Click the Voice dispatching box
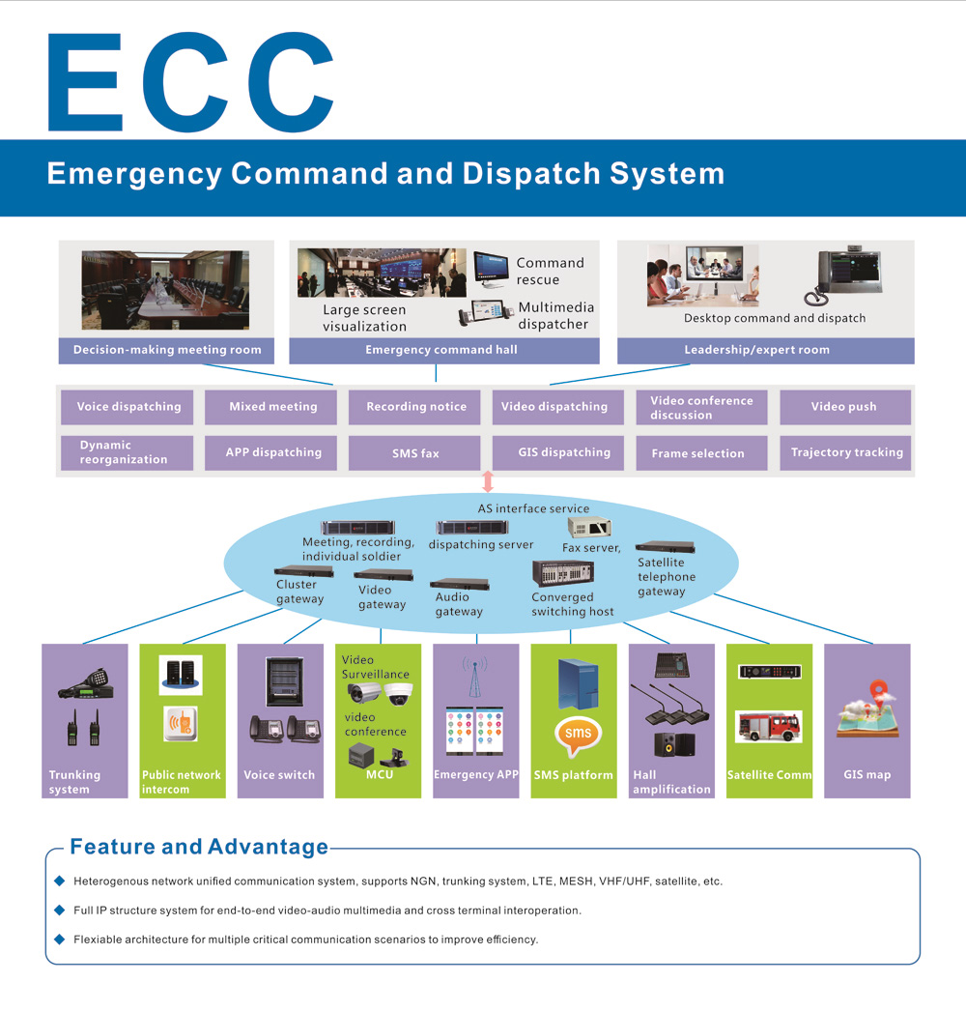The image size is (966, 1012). pyautogui.click(x=128, y=407)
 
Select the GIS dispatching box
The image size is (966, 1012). pyautogui.click(x=563, y=452)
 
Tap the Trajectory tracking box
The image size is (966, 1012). pyautogui.click(x=846, y=452)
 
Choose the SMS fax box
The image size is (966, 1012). pyautogui.click(x=416, y=452)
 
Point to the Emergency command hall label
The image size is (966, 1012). pyautogui.click(x=440, y=350)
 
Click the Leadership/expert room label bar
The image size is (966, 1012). pyautogui.click(x=765, y=350)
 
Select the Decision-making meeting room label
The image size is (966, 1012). pyautogui.click(x=167, y=350)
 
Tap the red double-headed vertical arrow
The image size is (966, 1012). pyautogui.click(x=487, y=481)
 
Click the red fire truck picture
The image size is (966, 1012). pyautogui.click(x=768, y=726)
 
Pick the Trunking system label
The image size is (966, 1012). pyautogui.click(x=74, y=782)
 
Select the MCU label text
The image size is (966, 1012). pyautogui.click(x=379, y=774)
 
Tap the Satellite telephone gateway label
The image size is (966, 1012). pyautogui.click(x=666, y=577)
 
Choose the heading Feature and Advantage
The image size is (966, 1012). pyautogui.click(x=199, y=848)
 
